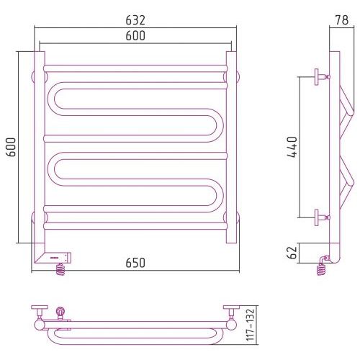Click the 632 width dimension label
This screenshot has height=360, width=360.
[x=135, y=20]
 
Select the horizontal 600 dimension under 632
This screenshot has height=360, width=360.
[x=135, y=35]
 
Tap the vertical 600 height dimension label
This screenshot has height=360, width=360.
[x=11, y=147]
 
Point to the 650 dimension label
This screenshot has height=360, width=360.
[x=135, y=263]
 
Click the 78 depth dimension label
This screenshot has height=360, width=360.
[x=342, y=20]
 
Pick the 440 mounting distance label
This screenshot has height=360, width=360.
[x=292, y=147]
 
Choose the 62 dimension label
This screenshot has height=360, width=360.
[x=292, y=253]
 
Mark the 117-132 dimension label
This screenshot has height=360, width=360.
[x=250, y=325]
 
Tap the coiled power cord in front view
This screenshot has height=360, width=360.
[x=60, y=269]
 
